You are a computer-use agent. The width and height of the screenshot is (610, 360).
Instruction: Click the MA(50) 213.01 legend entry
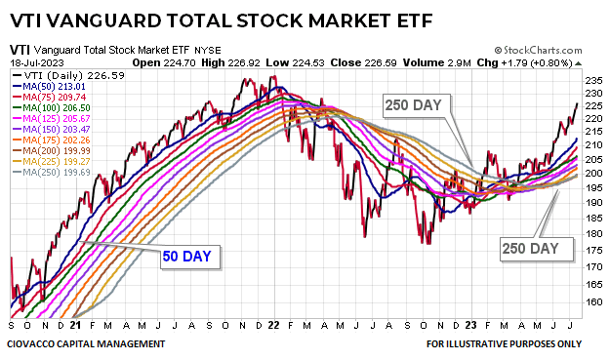tap(50, 85)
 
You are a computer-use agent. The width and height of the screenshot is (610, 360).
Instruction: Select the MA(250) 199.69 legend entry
tap(50, 173)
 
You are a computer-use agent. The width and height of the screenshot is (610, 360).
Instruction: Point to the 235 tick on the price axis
tap(591, 80)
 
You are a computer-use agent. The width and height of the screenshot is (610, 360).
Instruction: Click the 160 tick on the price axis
tap(591, 300)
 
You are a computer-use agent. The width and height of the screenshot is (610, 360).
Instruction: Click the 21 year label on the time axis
tap(74, 326)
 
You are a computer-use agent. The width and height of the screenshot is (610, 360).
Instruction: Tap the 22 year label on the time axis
tap(274, 326)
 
